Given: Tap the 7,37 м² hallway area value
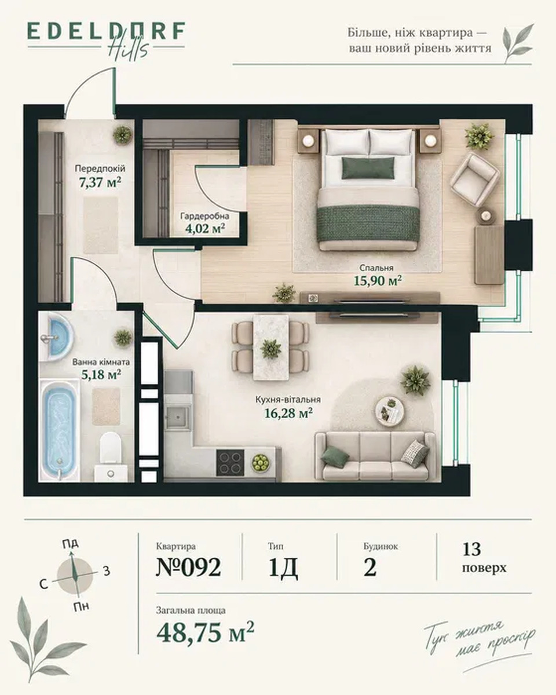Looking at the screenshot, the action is pyautogui.click(x=100, y=182).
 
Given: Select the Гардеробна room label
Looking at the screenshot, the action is pyautogui.click(x=205, y=215).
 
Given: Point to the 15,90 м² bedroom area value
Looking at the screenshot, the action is pyautogui.click(x=378, y=280).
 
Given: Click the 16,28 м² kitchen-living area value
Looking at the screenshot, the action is pyautogui.click(x=288, y=412).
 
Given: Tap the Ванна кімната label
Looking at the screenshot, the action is pyautogui.click(x=101, y=362).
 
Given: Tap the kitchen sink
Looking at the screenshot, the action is pyautogui.click(x=177, y=418).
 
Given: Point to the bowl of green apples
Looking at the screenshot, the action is pyautogui.click(x=261, y=462).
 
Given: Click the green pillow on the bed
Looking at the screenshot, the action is pyautogui.click(x=368, y=167).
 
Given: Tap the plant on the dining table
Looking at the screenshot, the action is pyautogui.click(x=270, y=349).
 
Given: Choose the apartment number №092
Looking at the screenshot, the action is pyautogui.click(x=188, y=567).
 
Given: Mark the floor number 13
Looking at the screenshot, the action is pyautogui.click(x=471, y=550).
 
